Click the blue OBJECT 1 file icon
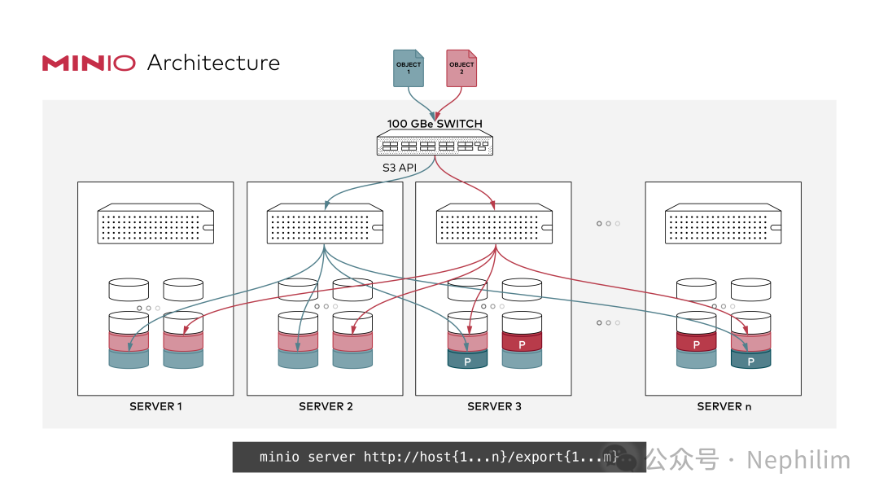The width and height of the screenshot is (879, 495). click(x=408, y=68)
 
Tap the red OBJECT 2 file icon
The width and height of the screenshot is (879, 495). click(x=461, y=68)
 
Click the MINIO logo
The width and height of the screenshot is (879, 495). click(x=89, y=63)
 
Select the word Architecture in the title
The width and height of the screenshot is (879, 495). click(x=213, y=63)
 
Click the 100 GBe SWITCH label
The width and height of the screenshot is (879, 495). click(x=435, y=123)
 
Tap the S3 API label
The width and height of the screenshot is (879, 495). click(x=399, y=167)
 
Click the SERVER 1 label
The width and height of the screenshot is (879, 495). click(x=155, y=406)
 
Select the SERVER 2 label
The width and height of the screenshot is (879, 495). click(x=326, y=406)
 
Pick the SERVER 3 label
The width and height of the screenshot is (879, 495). click(x=495, y=406)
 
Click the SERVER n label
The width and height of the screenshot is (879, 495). click(x=724, y=406)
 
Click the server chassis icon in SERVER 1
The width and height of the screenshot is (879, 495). click(x=155, y=224)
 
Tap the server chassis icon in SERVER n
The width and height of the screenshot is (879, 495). click(x=724, y=224)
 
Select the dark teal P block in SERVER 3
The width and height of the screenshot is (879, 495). click(x=467, y=360)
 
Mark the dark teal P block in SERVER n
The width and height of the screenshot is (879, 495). click(x=750, y=360)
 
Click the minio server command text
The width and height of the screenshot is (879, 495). click(x=439, y=457)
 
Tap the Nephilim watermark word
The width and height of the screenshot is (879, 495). click(x=798, y=460)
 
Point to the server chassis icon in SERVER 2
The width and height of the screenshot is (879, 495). click(x=325, y=224)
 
